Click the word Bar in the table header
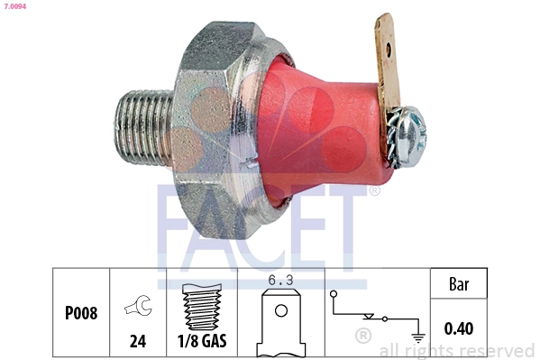[459, 283]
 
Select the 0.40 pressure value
[459, 328]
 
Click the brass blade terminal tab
[386, 63]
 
